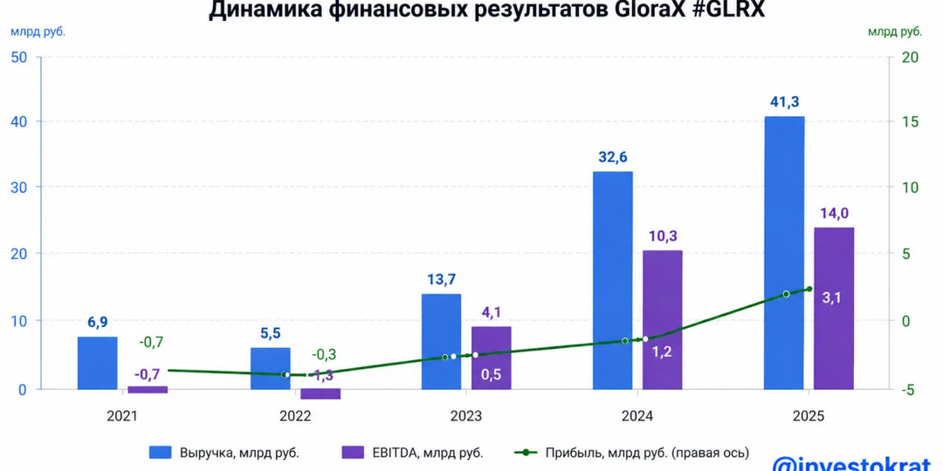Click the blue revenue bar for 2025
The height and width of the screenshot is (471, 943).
pos(783,253)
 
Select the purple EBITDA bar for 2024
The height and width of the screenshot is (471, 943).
pos(662,319)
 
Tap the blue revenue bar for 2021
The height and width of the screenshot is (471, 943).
pos(97,363)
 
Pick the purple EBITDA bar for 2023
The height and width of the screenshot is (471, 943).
pos(491,358)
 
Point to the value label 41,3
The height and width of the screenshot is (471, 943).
pos(784,101)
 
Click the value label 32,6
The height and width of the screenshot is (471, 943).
pos(612,157)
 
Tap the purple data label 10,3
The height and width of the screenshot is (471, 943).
pos(662,235)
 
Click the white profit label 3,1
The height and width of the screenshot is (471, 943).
pos(832,297)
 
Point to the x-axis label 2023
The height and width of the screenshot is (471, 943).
pos(466,417)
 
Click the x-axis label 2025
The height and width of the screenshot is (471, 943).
pos(809,417)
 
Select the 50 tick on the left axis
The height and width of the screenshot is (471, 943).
pos(19,58)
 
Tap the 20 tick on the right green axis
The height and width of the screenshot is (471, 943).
pos(912,58)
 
